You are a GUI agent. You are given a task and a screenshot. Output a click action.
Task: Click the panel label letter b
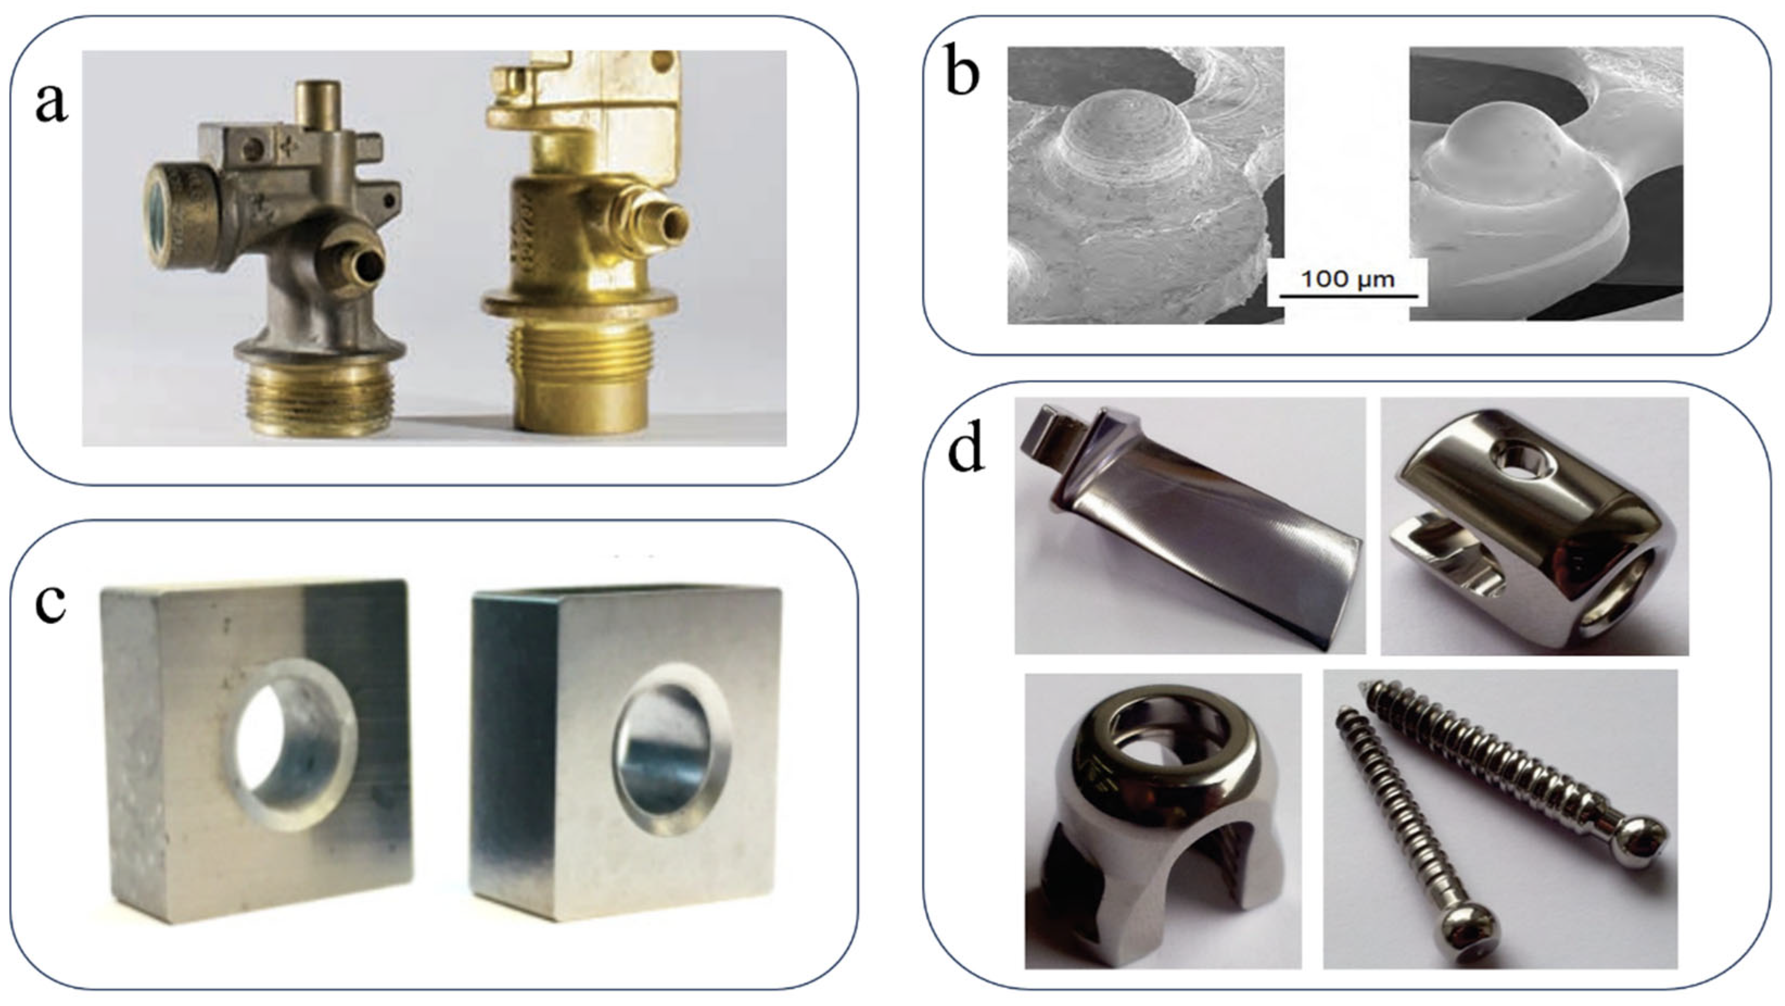962,75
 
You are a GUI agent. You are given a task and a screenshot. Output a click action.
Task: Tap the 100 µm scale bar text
1347,280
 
